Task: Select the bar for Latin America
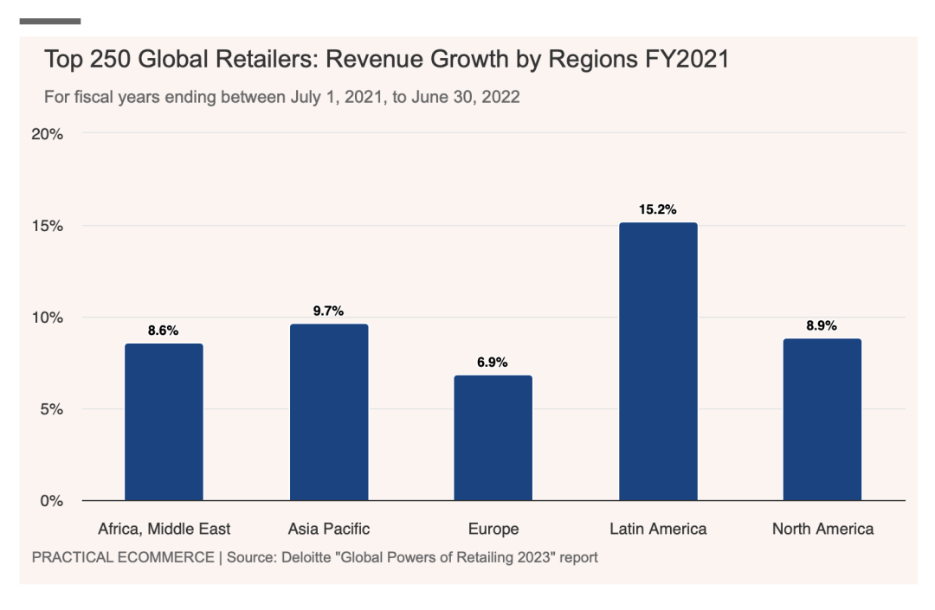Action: click(x=658, y=362)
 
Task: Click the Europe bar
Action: click(x=493, y=438)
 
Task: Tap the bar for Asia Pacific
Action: click(x=329, y=412)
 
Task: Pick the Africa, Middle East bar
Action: click(x=164, y=422)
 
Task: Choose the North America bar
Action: click(x=822, y=420)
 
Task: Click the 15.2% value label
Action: click(x=658, y=209)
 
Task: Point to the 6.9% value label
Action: click(x=493, y=363)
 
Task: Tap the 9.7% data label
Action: click(x=329, y=311)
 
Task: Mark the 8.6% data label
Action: click(x=164, y=331)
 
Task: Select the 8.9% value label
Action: click(x=822, y=325)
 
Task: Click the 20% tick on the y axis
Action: click(x=48, y=134)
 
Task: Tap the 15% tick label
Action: click(x=48, y=226)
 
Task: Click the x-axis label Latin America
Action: click(x=658, y=529)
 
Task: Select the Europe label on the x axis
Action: click(x=493, y=529)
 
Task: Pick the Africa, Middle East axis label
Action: click(x=164, y=529)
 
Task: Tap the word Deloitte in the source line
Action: click(x=306, y=557)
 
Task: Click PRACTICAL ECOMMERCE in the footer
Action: click(x=122, y=557)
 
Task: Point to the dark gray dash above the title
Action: click(x=50, y=21)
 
